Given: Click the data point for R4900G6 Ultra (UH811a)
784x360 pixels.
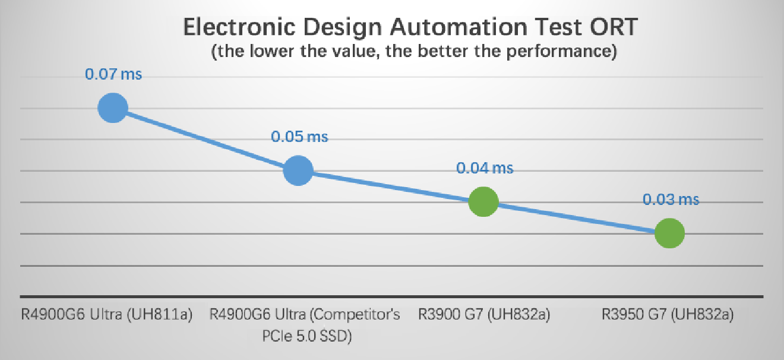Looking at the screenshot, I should point(113,108).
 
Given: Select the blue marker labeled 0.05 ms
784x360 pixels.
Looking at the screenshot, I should point(298,171).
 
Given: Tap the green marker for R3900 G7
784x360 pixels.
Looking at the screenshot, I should point(483,202).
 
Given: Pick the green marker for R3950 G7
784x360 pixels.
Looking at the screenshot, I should point(669,233).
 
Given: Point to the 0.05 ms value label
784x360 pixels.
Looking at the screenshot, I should point(299,137).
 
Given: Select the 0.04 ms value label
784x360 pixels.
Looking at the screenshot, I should point(485,168).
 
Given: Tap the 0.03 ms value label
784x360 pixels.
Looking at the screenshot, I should point(671,200).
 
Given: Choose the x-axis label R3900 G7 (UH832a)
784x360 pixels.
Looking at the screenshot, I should point(484,315).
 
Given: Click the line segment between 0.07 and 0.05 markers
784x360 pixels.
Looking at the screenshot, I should point(206,140).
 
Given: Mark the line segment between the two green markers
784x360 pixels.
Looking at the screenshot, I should point(576,218).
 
